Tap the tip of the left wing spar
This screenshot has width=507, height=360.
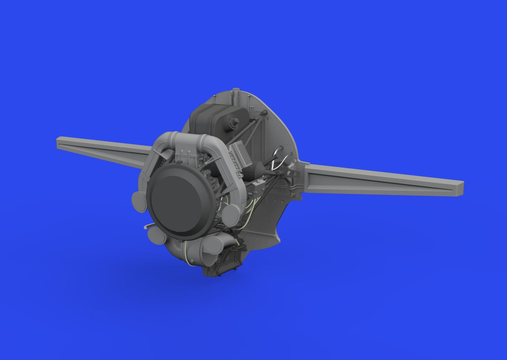59,141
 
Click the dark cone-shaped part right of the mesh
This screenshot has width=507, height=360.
259,170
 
